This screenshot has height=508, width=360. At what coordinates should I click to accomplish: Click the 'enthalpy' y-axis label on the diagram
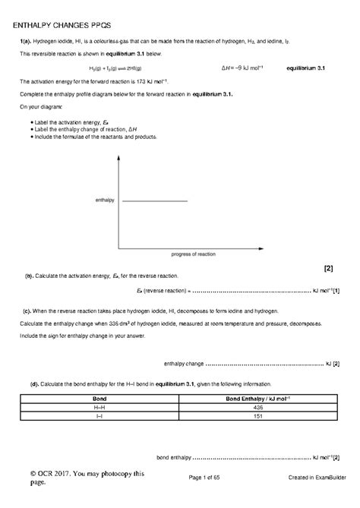click(x=104, y=200)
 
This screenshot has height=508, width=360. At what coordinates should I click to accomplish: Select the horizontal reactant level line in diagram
click(x=155, y=200)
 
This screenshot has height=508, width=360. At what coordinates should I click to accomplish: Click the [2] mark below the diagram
click(x=328, y=268)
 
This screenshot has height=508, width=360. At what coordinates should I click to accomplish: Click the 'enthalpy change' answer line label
click(x=184, y=363)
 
